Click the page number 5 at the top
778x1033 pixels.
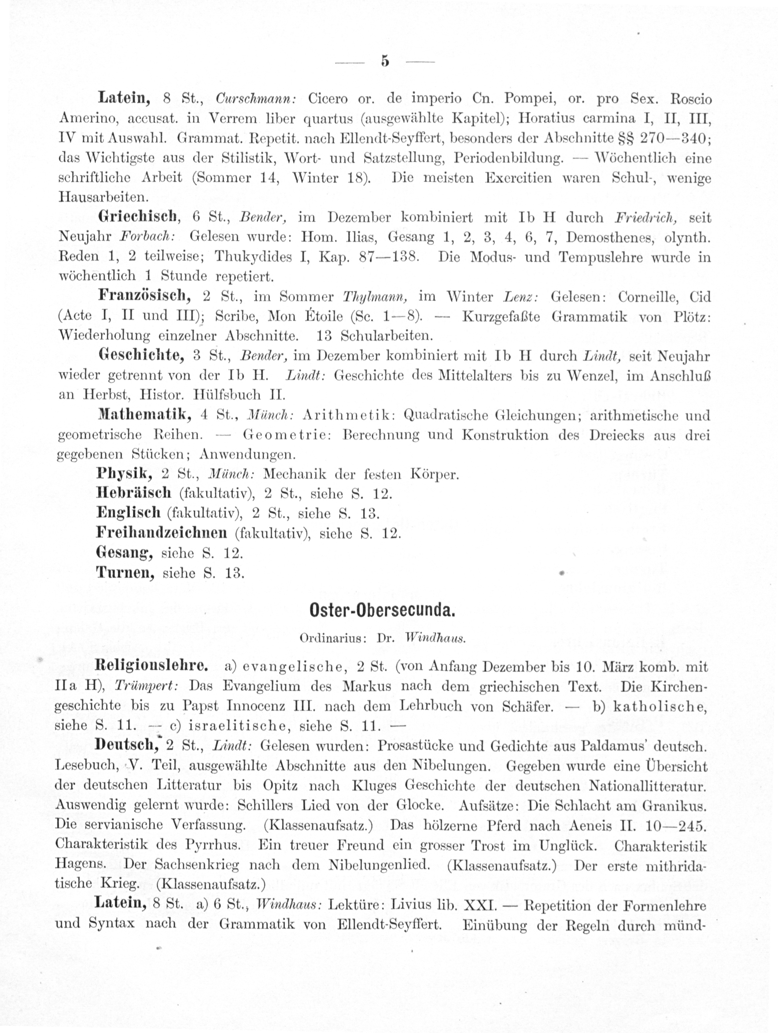click(x=384, y=61)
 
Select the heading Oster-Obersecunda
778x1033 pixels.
click(x=382, y=610)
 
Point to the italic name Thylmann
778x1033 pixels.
click(x=376, y=297)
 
